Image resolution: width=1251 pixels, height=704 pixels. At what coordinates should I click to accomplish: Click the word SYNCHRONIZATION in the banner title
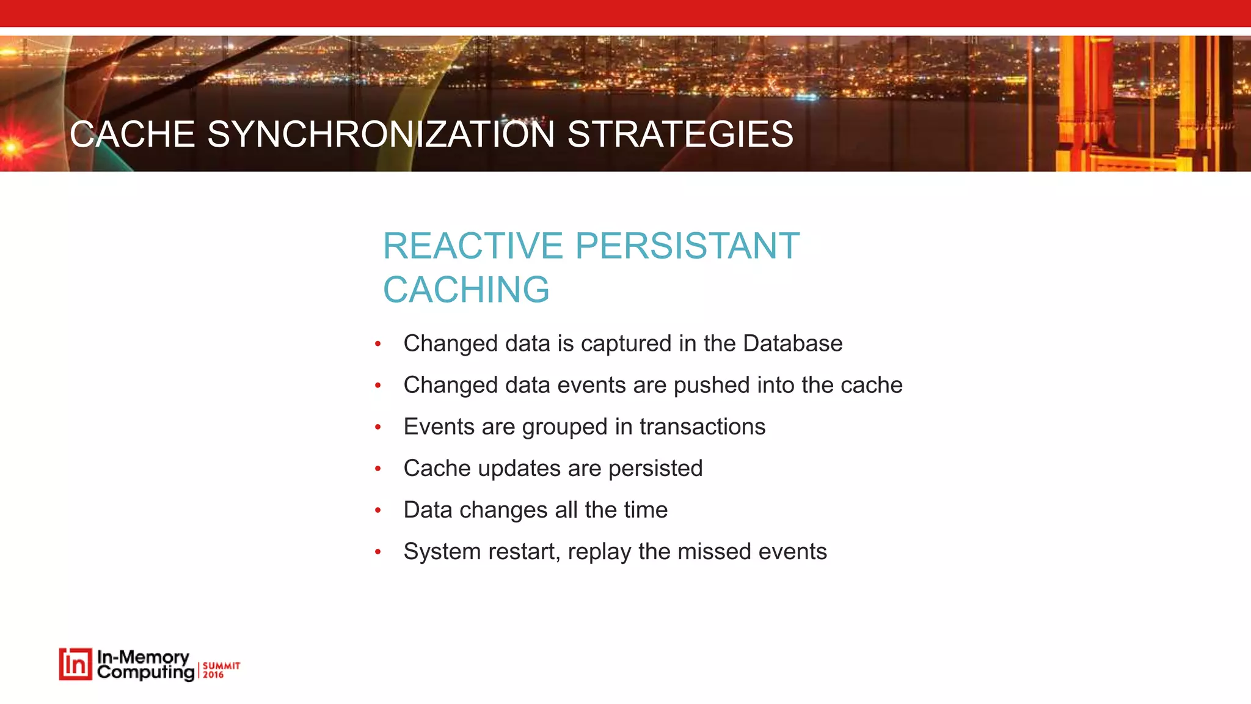pyautogui.click(x=381, y=134)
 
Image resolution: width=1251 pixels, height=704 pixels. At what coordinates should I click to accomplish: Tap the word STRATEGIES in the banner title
pyautogui.click(x=680, y=134)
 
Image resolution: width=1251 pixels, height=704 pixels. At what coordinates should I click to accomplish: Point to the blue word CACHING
pyautogui.click(x=466, y=290)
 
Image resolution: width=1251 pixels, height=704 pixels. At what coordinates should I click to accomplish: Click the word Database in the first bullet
pyautogui.click(x=792, y=343)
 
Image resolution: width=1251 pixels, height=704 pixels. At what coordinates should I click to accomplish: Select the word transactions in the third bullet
pyautogui.click(x=702, y=427)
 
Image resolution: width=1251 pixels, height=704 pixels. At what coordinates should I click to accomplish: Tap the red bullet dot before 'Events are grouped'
pyautogui.click(x=378, y=427)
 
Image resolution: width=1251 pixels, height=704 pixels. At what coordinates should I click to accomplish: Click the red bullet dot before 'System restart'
pyautogui.click(x=378, y=552)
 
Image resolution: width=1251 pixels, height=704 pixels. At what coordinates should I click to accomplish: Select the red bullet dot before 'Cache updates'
pyautogui.click(x=378, y=469)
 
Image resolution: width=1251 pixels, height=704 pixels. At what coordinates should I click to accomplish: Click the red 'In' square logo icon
pyautogui.click(x=75, y=664)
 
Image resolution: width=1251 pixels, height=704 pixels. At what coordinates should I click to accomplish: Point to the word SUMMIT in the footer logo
pyautogui.click(x=221, y=665)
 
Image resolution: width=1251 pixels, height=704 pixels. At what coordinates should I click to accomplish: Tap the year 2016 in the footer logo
pyautogui.click(x=213, y=675)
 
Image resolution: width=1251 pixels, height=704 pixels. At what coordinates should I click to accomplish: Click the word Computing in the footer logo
pyautogui.click(x=145, y=673)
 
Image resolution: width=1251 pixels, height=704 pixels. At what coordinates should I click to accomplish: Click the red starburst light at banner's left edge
pyautogui.click(x=11, y=145)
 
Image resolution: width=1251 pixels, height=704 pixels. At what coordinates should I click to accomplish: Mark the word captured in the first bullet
pyautogui.click(x=625, y=343)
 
